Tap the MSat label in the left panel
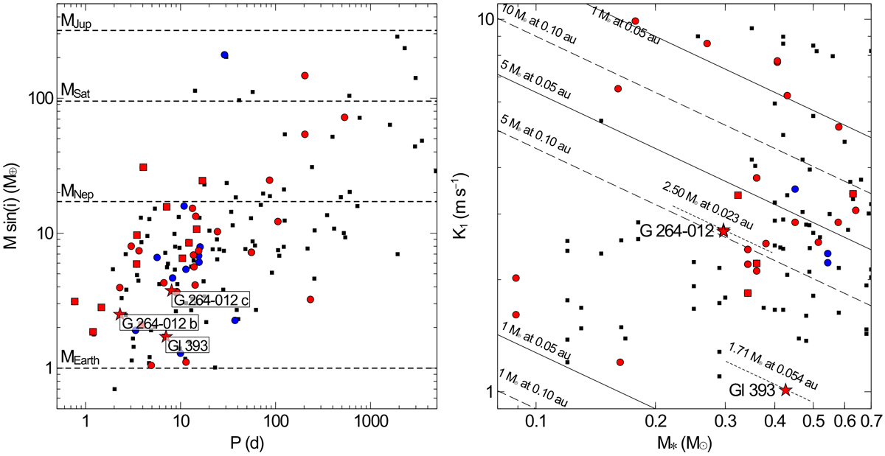click(x=74, y=91)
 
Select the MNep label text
click(x=75, y=192)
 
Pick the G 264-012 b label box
click(x=156, y=323)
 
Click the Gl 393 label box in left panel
click(x=187, y=345)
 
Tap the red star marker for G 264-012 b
click(x=119, y=315)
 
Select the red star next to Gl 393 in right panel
click(x=785, y=390)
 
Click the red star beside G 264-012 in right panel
click(x=723, y=231)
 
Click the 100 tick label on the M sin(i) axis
click(x=44, y=99)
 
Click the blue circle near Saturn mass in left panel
click(x=224, y=55)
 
